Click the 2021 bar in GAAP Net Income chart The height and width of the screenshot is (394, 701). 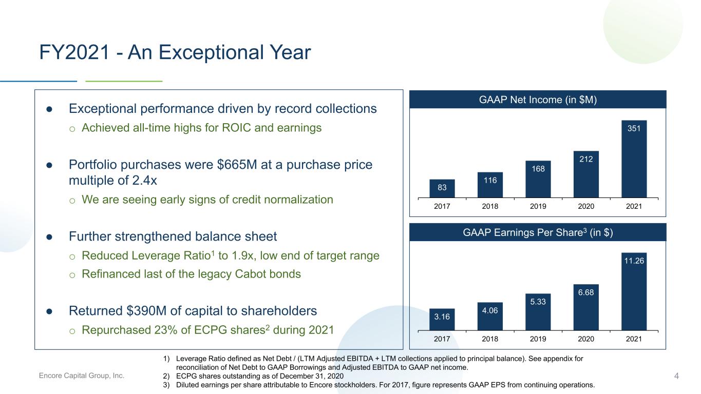pos(634,159)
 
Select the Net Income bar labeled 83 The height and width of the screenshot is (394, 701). pos(442,189)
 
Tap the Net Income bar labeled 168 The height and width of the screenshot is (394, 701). pos(538,179)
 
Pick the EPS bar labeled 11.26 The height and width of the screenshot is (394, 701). pos(634,291)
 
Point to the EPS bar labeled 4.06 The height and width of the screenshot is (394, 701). pos(490,317)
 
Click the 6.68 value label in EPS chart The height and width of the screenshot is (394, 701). pos(586,292)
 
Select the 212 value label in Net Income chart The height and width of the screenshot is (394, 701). pos(586,159)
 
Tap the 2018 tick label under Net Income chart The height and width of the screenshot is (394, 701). pos(490,206)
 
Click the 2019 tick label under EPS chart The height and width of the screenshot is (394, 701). pos(538,339)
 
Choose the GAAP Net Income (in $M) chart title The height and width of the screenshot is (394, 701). pos(538,100)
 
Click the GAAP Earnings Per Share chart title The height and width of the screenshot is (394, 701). pos(538,232)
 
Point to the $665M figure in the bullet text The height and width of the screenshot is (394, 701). pos(237,165)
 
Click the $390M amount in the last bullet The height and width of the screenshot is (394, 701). pos(146,311)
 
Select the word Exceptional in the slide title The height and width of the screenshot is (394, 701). pos(212,52)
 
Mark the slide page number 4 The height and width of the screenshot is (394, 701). pos(676,376)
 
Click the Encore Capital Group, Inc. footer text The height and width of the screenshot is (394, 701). pos(81,376)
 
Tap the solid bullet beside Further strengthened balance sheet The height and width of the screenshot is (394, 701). pos(49,237)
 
